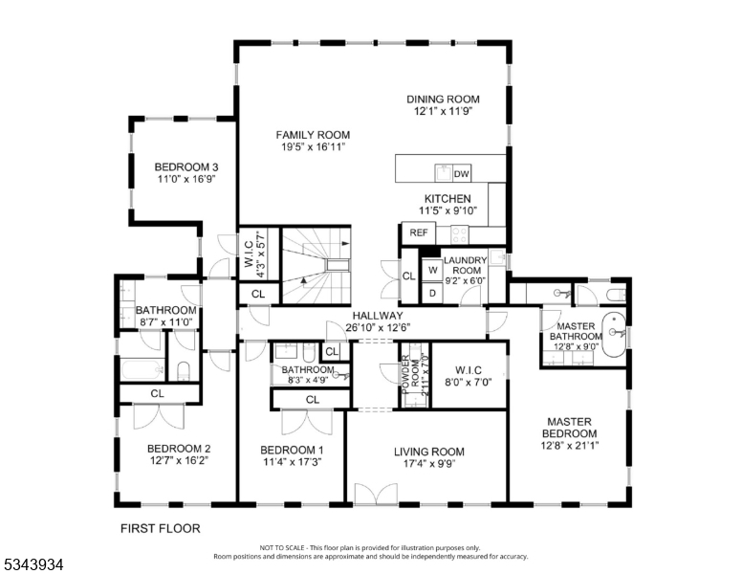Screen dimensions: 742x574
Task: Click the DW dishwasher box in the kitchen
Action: point(462,173)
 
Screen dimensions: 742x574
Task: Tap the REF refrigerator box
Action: point(419,232)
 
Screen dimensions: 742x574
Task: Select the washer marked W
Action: point(432,270)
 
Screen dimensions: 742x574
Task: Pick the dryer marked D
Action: point(432,293)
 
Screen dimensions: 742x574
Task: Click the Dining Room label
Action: point(443,99)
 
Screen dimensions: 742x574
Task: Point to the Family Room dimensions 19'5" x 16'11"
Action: point(314,146)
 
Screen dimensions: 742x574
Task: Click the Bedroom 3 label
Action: point(186,167)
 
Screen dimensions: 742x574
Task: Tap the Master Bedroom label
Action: point(569,428)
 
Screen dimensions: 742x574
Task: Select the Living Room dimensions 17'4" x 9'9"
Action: point(429,464)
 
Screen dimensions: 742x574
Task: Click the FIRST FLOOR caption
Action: point(161,528)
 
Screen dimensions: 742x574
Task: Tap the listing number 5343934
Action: point(33,564)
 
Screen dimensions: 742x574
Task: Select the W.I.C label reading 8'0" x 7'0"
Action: point(469,376)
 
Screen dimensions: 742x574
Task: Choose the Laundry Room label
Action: point(467,265)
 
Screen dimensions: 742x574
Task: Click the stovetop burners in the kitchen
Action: point(459,232)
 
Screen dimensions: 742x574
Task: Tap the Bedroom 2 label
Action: point(179,449)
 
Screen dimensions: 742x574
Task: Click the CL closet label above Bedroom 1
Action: point(313,400)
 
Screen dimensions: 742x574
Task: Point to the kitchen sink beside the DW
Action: point(444,173)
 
